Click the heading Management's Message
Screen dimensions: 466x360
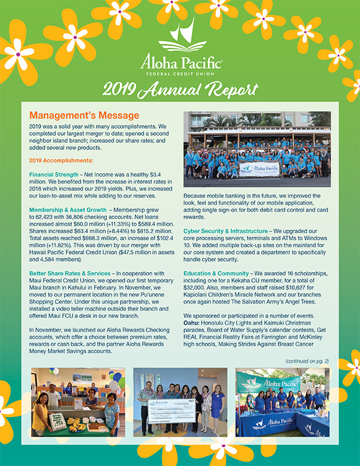[x=84, y=115]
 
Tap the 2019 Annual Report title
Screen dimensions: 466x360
[x=180, y=89]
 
